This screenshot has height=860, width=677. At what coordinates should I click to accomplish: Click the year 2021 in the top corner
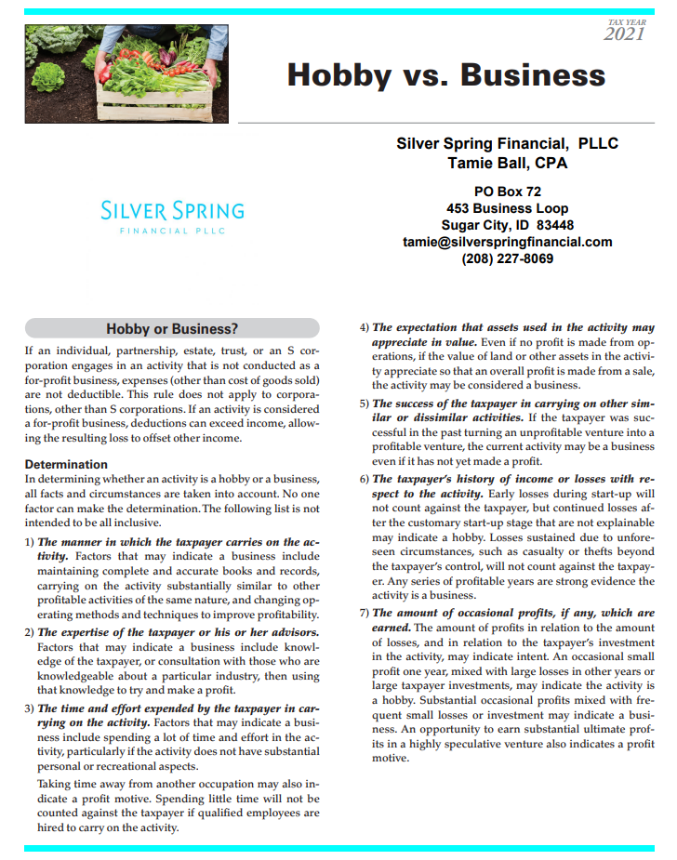pyautogui.click(x=624, y=34)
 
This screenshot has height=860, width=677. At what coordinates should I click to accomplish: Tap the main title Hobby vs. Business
pyautogui.click(x=446, y=74)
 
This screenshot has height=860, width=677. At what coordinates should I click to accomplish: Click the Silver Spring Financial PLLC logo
pyautogui.click(x=172, y=216)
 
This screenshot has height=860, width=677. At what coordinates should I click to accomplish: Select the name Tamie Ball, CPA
pyautogui.click(x=507, y=164)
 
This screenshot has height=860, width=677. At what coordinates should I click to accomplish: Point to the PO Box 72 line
pyautogui.click(x=507, y=192)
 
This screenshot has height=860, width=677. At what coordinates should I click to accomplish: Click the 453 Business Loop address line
pyautogui.click(x=507, y=208)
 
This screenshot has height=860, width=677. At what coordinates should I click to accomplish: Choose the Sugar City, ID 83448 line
pyautogui.click(x=507, y=225)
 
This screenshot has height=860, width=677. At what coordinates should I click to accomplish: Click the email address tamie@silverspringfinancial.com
pyautogui.click(x=507, y=242)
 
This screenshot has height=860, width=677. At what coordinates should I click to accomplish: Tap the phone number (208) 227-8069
pyautogui.click(x=507, y=258)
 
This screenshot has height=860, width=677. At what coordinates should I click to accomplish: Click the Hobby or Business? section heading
pyautogui.click(x=172, y=328)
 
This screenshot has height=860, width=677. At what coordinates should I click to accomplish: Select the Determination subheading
pyautogui.click(x=66, y=464)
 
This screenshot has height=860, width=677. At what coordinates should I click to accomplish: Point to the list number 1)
pyautogui.click(x=29, y=542)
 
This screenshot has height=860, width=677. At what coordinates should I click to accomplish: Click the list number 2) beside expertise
pyautogui.click(x=29, y=633)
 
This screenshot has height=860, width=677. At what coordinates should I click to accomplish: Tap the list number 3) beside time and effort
pyautogui.click(x=29, y=709)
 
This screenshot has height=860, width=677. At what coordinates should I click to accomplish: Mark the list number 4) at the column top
pyautogui.click(x=365, y=328)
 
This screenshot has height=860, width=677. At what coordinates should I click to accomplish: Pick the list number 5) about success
pyautogui.click(x=365, y=404)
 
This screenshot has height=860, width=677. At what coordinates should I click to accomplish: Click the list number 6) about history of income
pyautogui.click(x=365, y=479)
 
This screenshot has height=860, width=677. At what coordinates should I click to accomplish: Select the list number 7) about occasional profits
pyautogui.click(x=365, y=614)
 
